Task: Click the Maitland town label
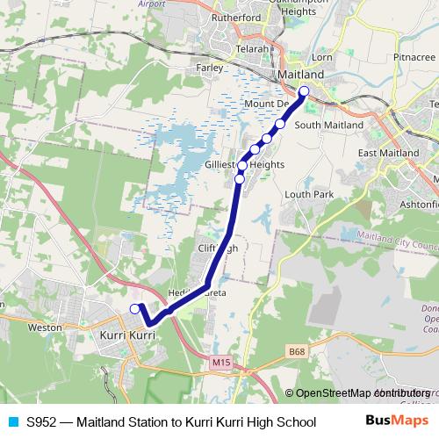pos(301,76)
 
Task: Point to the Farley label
pos(210,67)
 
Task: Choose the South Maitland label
pos(328,126)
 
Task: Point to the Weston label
pos(45,327)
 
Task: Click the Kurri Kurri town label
pos(128,335)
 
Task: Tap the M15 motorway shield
pos(221,361)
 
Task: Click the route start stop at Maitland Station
pos(304,92)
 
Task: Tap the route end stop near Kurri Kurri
pos(134,308)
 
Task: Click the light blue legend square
pos(12,421)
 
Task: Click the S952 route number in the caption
pos(42,421)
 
